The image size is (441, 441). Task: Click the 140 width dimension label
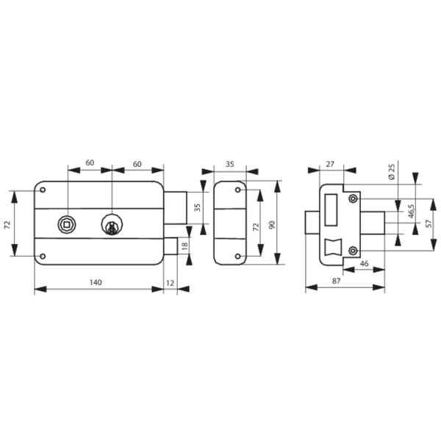96,282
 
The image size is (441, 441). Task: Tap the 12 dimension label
171,283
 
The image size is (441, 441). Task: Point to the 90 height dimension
272,225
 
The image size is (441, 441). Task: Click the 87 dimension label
336,281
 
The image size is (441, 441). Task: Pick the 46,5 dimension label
411,211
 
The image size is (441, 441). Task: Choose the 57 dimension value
429,223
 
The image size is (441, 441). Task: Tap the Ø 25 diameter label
392,171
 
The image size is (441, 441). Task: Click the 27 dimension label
330,164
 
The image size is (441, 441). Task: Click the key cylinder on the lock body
112,224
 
